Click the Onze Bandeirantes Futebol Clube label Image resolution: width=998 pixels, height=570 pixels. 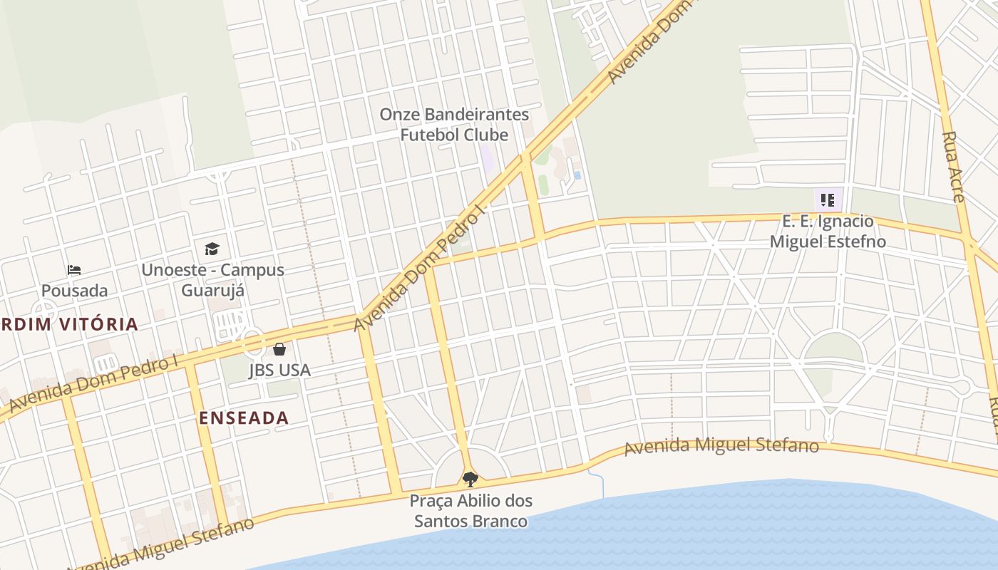(454, 125)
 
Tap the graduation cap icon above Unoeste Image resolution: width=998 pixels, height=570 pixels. (212, 249)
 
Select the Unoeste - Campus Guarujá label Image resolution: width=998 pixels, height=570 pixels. (212, 280)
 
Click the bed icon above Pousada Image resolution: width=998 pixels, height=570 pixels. (74, 270)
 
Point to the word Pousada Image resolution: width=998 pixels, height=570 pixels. (74, 291)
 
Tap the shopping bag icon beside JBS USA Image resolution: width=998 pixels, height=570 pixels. (279, 349)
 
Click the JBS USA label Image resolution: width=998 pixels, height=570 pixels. (279, 370)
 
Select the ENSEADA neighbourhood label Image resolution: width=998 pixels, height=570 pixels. (245, 418)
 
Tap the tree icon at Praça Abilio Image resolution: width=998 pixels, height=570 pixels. (470, 479)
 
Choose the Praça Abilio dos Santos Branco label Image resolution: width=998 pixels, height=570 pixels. (470, 511)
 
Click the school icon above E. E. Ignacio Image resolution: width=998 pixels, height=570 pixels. (827, 199)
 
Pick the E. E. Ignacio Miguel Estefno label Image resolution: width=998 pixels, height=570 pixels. (827, 232)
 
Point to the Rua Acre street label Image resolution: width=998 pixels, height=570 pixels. (954, 167)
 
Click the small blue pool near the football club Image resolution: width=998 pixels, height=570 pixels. (577, 175)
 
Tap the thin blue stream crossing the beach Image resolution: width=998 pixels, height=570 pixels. (600, 484)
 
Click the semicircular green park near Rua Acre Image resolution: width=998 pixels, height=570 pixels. (833, 348)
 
